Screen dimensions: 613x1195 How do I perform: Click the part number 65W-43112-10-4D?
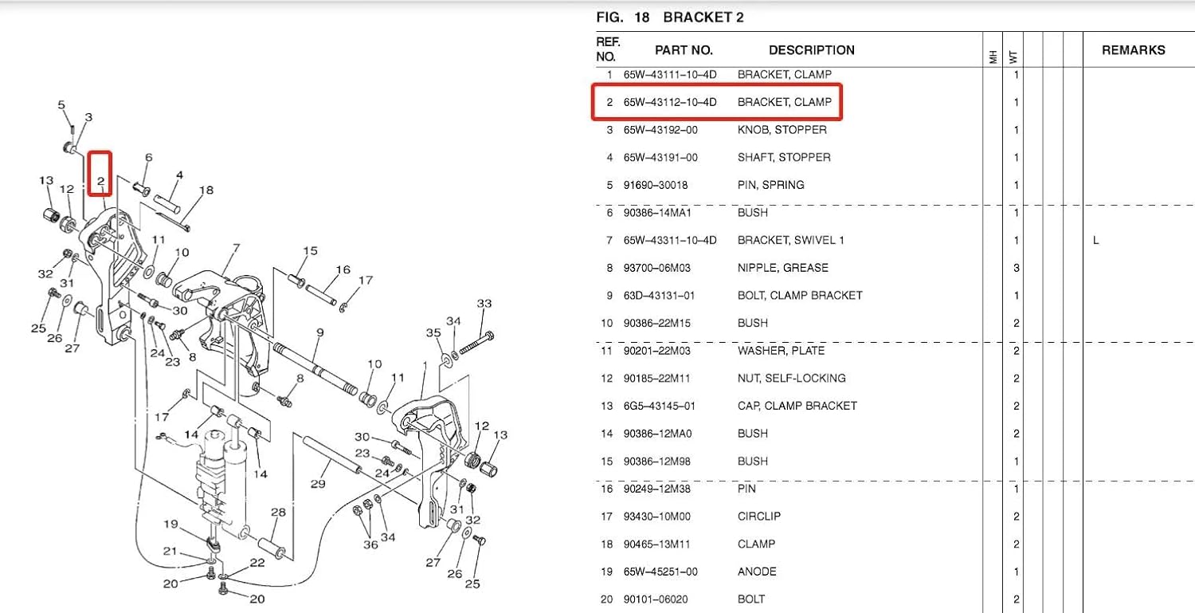669,102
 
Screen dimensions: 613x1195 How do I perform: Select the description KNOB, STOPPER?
782,130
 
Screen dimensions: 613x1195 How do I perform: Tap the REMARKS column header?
1133,50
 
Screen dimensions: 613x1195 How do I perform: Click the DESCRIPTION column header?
811,50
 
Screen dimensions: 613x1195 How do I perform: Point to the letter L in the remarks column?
1096,240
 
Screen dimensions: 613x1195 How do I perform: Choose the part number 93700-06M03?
658,268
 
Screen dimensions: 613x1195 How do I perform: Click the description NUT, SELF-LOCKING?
791,378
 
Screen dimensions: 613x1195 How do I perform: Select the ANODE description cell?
756,572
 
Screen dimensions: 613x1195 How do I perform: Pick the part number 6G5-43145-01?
659,406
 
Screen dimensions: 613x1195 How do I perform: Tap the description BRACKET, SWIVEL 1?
790,240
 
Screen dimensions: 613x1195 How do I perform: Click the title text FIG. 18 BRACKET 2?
669,17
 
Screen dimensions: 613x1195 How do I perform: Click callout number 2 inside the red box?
100,182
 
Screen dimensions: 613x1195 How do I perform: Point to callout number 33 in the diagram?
484,304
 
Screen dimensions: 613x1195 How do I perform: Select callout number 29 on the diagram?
318,484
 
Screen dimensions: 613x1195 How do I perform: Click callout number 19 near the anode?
170,524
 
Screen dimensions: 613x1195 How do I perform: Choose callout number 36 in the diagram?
370,544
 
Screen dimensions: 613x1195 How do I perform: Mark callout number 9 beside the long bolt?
319,332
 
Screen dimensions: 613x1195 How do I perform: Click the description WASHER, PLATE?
781,351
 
